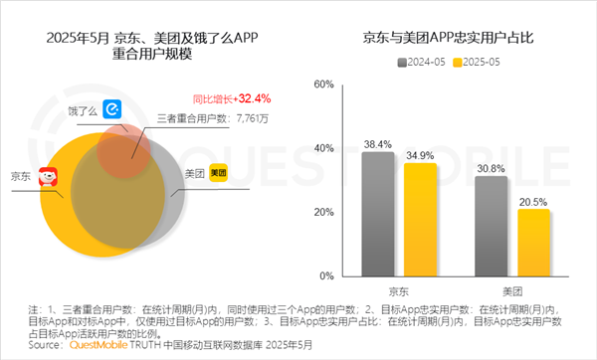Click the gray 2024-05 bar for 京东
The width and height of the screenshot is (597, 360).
377,214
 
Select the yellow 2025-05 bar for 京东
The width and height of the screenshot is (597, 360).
420,220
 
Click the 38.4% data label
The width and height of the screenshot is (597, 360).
377,144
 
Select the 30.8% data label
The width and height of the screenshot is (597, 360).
491,168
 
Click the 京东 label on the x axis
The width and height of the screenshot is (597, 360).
398,291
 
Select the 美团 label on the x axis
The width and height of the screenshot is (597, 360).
511,291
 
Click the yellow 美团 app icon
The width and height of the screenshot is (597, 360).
218,172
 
